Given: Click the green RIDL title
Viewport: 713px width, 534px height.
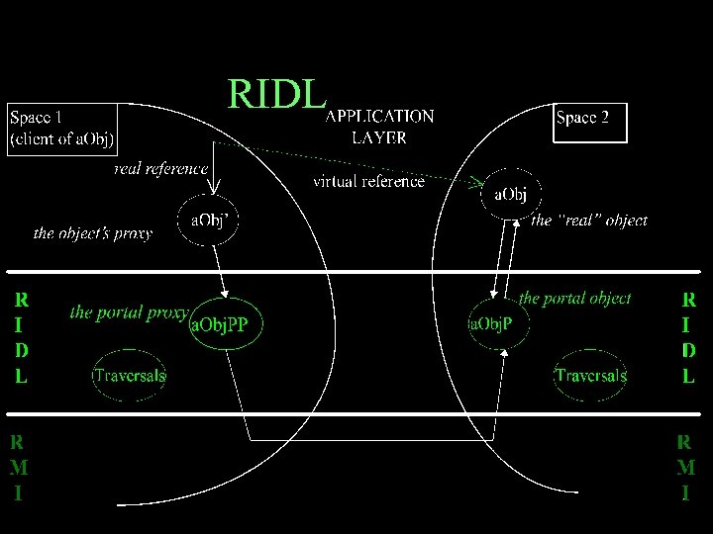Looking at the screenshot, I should (276, 94).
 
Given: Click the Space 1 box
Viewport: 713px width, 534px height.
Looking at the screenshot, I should (61, 128).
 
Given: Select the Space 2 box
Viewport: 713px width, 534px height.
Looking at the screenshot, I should (590, 119).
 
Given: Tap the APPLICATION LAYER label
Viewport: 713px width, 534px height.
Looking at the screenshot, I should (379, 127).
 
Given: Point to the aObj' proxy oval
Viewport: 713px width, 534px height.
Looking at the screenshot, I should (208, 220).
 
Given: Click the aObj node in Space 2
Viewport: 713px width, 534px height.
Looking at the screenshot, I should (510, 194).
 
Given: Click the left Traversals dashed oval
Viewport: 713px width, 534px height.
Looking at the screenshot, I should (130, 375).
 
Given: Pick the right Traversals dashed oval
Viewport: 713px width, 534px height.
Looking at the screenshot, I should (590, 375).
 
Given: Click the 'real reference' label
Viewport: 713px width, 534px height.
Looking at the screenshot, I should (160, 169).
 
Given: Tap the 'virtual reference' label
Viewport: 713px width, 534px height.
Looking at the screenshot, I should (368, 181).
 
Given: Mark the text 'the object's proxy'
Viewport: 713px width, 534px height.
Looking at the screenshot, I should (93, 234).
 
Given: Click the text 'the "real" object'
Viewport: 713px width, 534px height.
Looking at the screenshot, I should (590, 221).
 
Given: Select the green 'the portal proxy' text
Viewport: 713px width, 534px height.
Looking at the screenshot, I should (129, 312).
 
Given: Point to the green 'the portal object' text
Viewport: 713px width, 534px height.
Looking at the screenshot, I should (574, 298).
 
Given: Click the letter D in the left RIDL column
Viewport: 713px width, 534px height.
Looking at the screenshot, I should (22, 350).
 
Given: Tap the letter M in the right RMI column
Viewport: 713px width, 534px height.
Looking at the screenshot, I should (686, 467).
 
